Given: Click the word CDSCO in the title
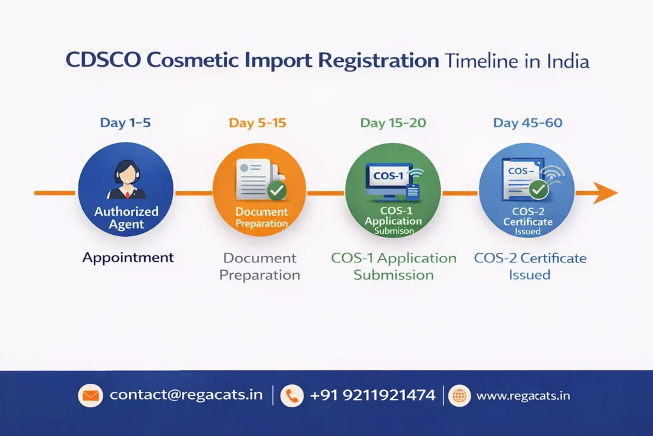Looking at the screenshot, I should (x=103, y=61).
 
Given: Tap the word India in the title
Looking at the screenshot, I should (x=568, y=61).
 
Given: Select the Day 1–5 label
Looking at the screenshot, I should (x=125, y=123).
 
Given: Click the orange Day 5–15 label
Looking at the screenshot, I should (x=258, y=123).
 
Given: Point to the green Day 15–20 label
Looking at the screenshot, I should (x=393, y=123).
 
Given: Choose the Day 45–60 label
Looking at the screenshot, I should (x=527, y=123).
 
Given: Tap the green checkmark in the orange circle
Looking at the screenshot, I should (x=276, y=190).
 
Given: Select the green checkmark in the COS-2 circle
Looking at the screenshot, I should (x=539, y=189).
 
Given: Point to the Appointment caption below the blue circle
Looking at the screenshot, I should (x=128, y=258).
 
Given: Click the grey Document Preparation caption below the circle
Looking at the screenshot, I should (x=260, y=266).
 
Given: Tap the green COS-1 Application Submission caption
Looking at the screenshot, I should (x=393, y=266).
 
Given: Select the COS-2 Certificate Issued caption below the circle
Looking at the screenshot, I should (x=529, y=266).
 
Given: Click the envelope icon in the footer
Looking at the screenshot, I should (x=90, y=396).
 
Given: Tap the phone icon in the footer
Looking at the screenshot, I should (x=292, y=396).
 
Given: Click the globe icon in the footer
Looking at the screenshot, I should (x=459, y=396).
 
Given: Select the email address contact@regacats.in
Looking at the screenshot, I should (x=186, y=395).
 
